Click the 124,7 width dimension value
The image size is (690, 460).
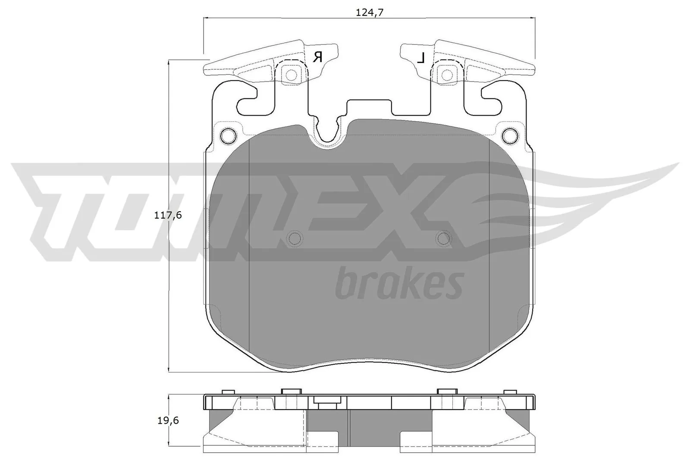(370, 13)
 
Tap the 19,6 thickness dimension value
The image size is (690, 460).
(168, 420)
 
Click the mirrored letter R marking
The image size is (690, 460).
(318, 57)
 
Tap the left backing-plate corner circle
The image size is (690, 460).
(228, 136)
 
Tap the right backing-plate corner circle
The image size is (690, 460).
(510, 136)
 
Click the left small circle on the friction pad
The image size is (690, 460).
(295, 238)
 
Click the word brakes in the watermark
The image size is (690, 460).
(399, 285)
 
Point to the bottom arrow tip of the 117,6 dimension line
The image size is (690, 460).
(167, 370)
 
